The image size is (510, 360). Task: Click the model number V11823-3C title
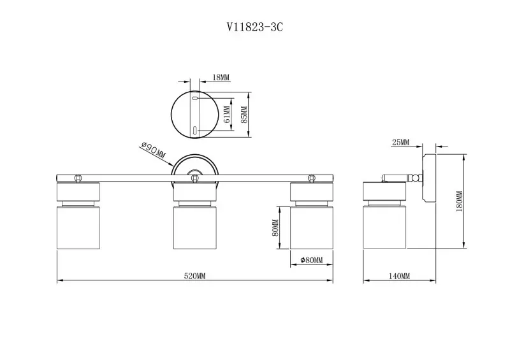pos(254,27)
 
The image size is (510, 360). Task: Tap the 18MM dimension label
pos(221,77)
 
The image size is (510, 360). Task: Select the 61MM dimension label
pos(227,115)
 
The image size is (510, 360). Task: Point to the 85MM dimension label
pos(244,115)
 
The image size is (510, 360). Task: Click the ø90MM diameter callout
pos(153,150)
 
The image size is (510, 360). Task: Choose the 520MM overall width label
pos(195,276)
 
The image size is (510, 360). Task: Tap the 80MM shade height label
pos(275,227)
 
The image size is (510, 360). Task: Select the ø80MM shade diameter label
pos(312,260)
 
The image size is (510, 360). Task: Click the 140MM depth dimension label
pos(400,276)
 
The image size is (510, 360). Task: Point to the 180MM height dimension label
pos(459,201)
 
